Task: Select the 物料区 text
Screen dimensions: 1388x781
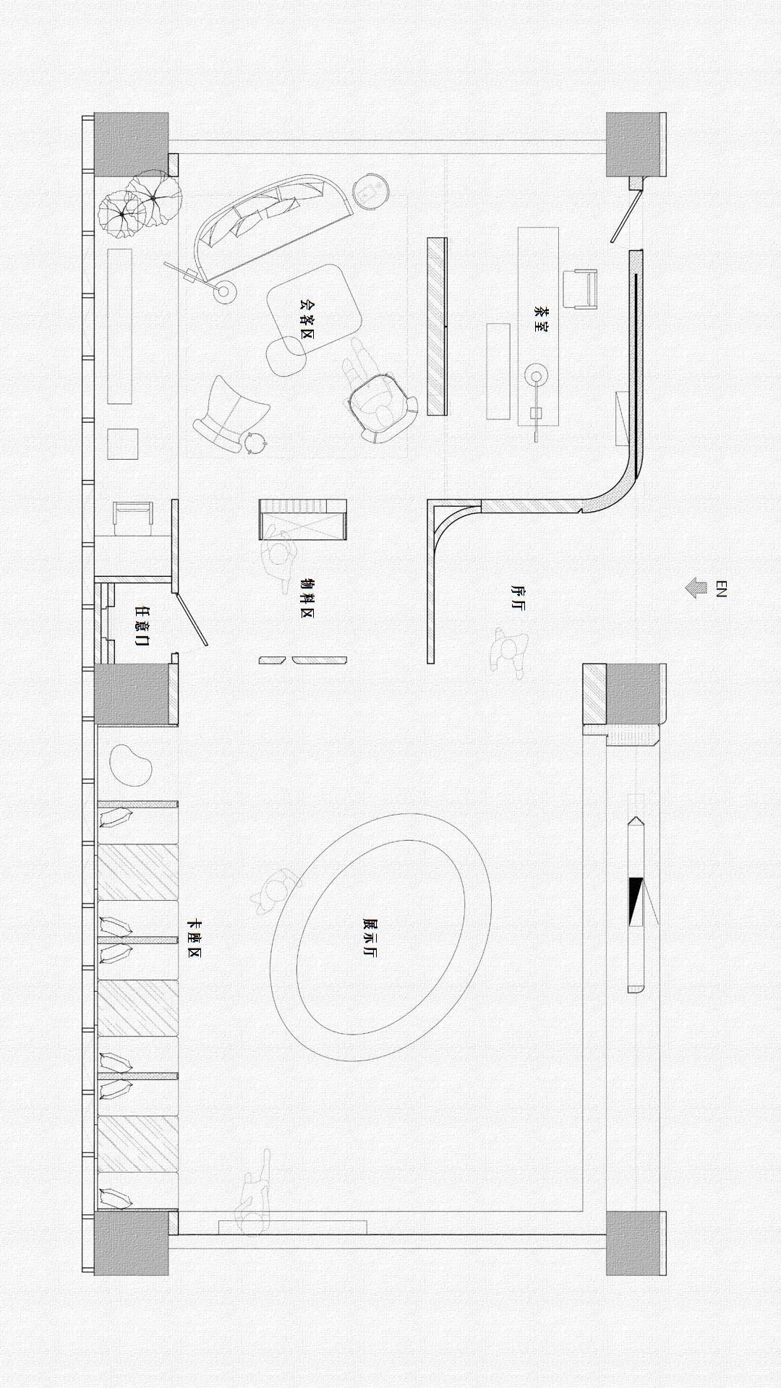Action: click(307, 599)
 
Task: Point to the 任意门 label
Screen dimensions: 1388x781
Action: click(142, 625)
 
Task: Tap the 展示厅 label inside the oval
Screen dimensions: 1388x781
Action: click(370, 938)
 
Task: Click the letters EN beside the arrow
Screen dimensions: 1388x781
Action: click(720, 588)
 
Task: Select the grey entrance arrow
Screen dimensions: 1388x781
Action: click(696, 588)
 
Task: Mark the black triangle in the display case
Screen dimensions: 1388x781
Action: click(636, 901)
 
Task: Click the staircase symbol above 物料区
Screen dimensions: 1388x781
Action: click(303, 519)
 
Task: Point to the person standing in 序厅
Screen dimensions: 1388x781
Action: click(511, 649)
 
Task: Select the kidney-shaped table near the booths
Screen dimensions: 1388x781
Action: click(130, 765)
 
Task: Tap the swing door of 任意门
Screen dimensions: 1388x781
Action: click(192, 619)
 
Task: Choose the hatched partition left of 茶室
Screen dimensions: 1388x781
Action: click(437, 326)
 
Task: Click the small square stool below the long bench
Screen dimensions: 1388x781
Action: click(122, 444)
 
